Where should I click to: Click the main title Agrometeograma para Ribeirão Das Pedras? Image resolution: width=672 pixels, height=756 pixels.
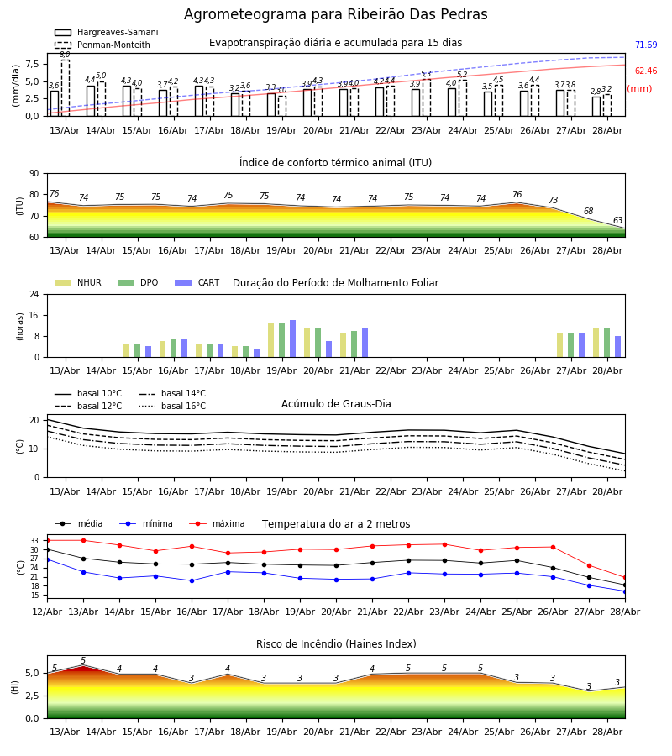(335, 14)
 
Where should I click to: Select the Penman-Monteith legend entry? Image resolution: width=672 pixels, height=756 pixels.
(102, 45)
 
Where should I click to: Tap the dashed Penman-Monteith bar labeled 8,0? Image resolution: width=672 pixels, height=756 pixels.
(65, 87)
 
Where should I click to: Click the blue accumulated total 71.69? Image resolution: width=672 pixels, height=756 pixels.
(646, 45)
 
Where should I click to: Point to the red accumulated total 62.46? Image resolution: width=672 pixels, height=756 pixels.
(646, 71)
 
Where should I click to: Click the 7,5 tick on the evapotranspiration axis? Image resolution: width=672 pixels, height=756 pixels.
(32, 64)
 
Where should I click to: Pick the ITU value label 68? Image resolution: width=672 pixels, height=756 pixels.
(589, 211)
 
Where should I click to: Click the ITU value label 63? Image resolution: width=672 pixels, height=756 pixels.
(617, 220)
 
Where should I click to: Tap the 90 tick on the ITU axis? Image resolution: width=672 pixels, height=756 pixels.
(34, 174)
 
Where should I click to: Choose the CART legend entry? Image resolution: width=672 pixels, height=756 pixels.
(197, 282)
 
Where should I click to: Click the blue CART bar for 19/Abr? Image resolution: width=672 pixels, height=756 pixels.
(292, 339)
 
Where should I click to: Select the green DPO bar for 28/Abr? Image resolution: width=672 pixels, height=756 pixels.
(607, 343)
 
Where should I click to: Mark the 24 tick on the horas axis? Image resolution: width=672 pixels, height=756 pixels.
(34, 294)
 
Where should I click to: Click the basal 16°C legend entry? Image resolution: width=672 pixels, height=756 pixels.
(172, 406)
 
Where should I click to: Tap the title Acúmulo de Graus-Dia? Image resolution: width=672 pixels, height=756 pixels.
(336, 403)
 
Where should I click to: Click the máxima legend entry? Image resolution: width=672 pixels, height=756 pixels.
(218, 523)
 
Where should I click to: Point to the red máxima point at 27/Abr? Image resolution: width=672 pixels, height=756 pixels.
(589, 565)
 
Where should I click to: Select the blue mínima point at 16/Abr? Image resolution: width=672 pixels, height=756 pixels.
(192, 580)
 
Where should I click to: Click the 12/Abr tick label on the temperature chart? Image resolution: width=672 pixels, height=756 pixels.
(47, 612)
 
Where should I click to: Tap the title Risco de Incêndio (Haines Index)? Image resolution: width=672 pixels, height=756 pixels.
(336, 644)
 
